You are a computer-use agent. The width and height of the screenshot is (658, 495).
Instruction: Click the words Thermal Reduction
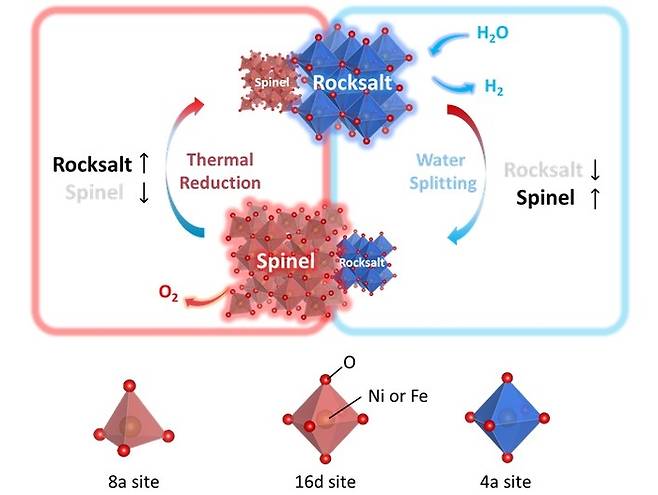click(x=222, y=171)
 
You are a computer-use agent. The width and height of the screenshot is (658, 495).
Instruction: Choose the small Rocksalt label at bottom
click(x=363, y=263)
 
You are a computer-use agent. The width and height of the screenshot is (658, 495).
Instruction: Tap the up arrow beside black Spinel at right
click(x=595, y=198)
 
